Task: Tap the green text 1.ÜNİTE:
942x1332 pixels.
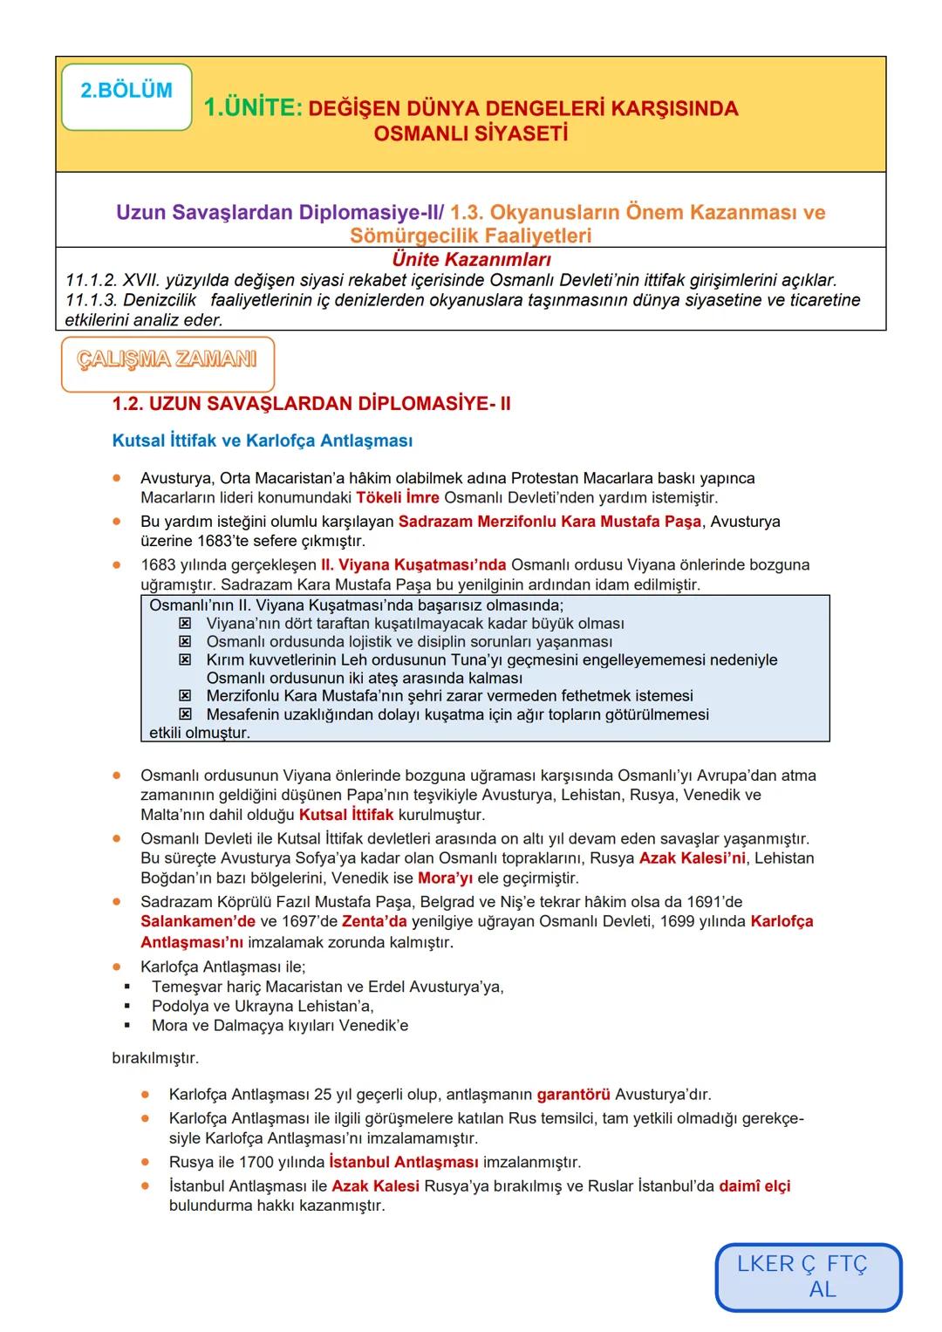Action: pyautogui.click(x=253, y=108)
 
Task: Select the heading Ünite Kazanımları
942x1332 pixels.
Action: pyautogui.click(x=471, y=260)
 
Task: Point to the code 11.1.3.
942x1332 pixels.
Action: pyautogui.click(x=92, y=301)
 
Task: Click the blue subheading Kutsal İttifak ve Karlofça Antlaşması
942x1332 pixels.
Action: pyautogui.click(x=263, y=441)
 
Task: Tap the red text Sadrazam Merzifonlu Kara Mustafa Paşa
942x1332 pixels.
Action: pyautogui.click(x=549, y=522)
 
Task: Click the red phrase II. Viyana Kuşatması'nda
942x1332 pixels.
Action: pyautogui.click(x=421, y=564)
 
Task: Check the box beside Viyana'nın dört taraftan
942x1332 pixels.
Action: pyautogui.click(x=185, y=624)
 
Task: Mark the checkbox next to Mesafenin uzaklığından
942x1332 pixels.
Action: pyautogui.click(x=185, y=714)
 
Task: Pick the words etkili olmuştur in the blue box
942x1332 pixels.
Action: pyautogui.click(x=200, y=733)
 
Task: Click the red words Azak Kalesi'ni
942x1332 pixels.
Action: pyautogui.click(x=693, y=858)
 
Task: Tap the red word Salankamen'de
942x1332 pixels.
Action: pyautogui.click(x=198, y=922)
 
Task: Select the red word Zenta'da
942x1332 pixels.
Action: pyautogui.click(x=374, y=922)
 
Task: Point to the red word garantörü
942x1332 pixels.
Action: pyautogui.click(x=573, y=1094)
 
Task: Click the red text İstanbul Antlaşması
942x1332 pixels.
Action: pyautogui.click(x=404, y=1163)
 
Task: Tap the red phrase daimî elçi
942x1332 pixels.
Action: pyautogui.click(x=754, y=1186)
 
